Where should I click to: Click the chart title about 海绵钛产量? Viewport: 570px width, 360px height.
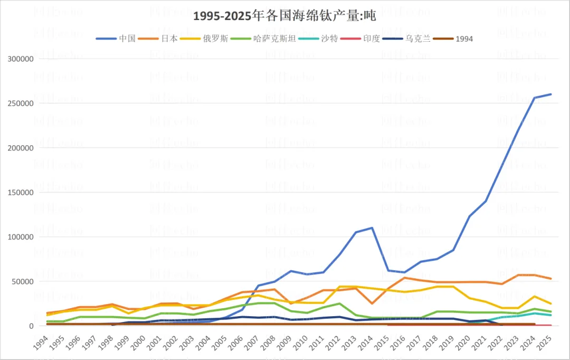coord(284,16)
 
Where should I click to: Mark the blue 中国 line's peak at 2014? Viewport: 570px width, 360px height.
coord(372,228)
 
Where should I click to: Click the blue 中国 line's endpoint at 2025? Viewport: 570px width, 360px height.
coord(551,94)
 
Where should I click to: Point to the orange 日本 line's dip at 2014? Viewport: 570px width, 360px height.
coord(372,304)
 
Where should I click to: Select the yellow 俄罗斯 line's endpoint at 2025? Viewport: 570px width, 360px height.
coord(551,304)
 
